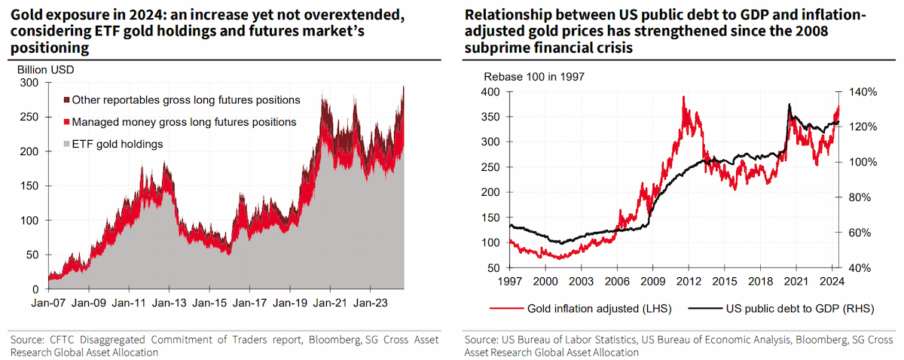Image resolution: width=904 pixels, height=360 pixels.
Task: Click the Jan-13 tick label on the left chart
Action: pyautogui.click(x=169, y=303)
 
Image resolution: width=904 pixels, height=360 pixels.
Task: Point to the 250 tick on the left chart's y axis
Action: pyautogui.click(x=29, y=117)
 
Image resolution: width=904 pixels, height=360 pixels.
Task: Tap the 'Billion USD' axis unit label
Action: pyautogui.click(x=46, y=70)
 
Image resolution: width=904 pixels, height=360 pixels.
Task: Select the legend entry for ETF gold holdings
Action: pyautogui.click(x=114, y=144)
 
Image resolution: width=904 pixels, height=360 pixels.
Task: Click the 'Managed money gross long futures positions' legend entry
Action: pyautogui.click(x=180, y=122)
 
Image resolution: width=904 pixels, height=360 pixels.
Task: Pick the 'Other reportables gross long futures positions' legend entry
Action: pyautogui.click(x=182, y=100)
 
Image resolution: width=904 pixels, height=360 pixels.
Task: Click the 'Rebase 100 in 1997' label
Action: pyautogui.click(x=534, y=77)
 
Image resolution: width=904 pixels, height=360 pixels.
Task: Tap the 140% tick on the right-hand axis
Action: pyautogui.click(x=863, y=92)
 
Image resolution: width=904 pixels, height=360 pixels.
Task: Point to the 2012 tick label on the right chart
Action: pyautogui.click(x=689, y=281)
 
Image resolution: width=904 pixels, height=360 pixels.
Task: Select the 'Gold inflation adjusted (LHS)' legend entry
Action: pyautogui.click(x=581, y=309)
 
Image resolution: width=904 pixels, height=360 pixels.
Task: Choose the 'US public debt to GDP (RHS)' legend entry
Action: pyautogui.click(x=781, y=309)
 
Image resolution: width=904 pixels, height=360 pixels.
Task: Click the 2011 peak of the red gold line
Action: pyautogui.click(x=683, y=97)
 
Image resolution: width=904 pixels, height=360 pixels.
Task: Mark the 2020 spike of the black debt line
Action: pyautogui.click(x=789, y=105)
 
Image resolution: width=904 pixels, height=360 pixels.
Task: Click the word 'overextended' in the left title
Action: pyautogui.click(x=353, y=15)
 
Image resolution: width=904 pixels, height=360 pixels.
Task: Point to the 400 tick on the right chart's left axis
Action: pyautogui.click(x=490, y=92)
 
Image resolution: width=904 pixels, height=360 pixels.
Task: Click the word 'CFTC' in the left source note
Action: pyautogui.click(x=62, y=340)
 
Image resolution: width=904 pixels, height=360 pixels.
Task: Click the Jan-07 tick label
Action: pyautogui.click(x=48, y=303)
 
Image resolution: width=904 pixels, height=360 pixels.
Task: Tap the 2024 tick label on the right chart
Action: pyautogui.click(x=832, y=281)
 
